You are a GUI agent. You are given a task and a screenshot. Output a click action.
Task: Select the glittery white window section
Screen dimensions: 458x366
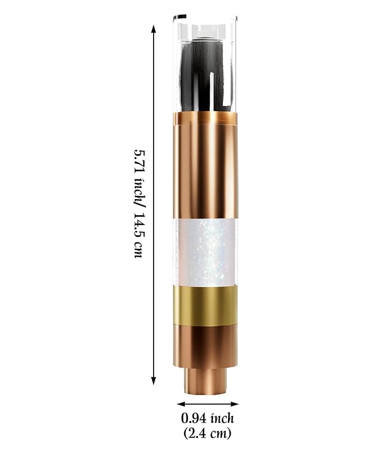pyautogui.click(x=205, y=251)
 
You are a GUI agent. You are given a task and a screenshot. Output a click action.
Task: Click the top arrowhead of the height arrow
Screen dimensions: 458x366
pyautogui.click(x=155, y=28)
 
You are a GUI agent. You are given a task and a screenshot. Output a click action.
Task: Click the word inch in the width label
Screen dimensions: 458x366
pyautogui.click(x=221, y=419)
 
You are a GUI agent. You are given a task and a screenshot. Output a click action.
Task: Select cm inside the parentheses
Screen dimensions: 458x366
pyautogui.click(x=218, y=433)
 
